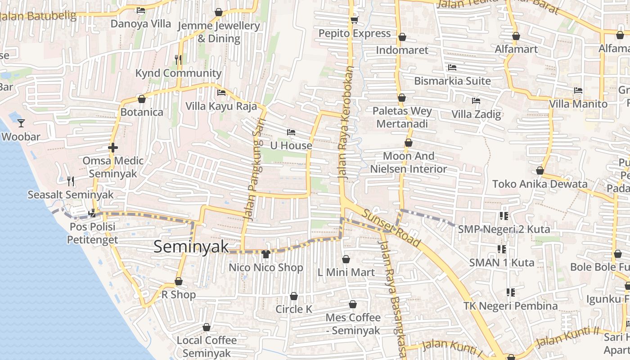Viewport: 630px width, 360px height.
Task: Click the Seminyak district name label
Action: point(191,247)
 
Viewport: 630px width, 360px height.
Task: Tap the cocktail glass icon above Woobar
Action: point(21,123)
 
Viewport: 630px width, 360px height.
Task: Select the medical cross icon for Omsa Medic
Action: point(113,147)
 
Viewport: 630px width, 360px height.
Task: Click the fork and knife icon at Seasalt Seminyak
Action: point(71,181)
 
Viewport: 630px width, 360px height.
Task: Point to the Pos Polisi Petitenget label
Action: point(92,233)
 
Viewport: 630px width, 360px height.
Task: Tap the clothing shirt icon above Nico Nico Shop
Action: point(265,254)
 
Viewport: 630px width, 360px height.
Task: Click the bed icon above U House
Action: point(291,132)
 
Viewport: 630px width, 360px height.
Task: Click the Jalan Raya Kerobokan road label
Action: point(346,123)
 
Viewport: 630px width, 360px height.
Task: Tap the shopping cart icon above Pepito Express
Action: point(354,20)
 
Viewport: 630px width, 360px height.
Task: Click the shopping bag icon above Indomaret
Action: point(402,36)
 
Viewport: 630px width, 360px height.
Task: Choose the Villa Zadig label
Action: point(476,114)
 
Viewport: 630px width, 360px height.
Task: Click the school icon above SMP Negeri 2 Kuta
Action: point(504,216)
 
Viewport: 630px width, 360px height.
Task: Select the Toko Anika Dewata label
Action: point(540,184)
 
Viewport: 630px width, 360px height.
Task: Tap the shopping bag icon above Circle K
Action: point(294,296)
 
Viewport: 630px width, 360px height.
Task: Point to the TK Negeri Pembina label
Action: point(510,306)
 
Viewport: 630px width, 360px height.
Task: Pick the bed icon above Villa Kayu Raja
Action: point(221,93)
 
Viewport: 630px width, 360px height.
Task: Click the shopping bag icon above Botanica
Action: point(142,99)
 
